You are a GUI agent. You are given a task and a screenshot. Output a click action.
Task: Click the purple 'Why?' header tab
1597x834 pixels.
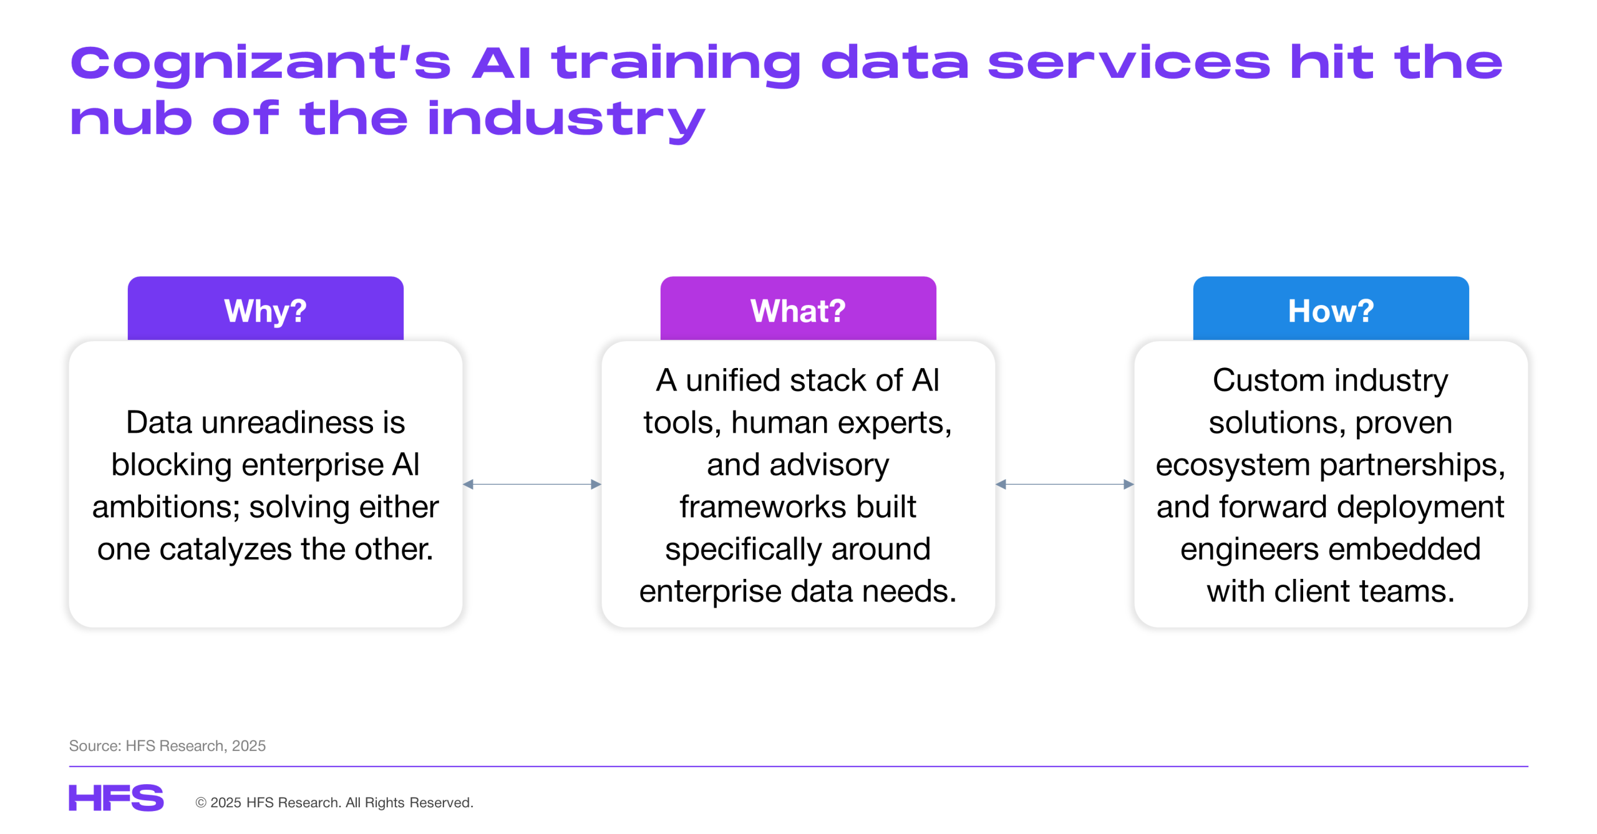[x=265, y=308]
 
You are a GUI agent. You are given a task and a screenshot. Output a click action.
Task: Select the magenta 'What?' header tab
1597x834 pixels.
[x=798, y=308]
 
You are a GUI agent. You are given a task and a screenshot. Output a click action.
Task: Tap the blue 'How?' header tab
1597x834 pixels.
[x=1331, y=308]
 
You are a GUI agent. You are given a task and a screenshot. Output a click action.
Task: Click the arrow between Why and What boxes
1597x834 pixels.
[x=532, y=484]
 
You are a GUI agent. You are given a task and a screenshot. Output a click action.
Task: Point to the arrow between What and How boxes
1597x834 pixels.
[x=1065, y=484]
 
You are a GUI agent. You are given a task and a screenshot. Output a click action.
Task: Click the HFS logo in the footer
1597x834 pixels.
[x=116, y=798]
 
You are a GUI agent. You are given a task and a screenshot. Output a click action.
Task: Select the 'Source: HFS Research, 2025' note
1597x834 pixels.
[x=167, y=745]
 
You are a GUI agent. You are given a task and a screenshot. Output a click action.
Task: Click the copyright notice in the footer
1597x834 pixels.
[x=334, y=802]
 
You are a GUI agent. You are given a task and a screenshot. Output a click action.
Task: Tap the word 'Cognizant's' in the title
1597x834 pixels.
[x=261, y=64]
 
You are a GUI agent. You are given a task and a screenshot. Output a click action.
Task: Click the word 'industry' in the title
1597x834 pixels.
[x=566, y=120]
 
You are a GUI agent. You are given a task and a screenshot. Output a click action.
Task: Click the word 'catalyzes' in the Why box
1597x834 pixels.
[x=226, y=550]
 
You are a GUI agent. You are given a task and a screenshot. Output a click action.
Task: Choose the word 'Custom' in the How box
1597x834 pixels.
[x=1268, y=381]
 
